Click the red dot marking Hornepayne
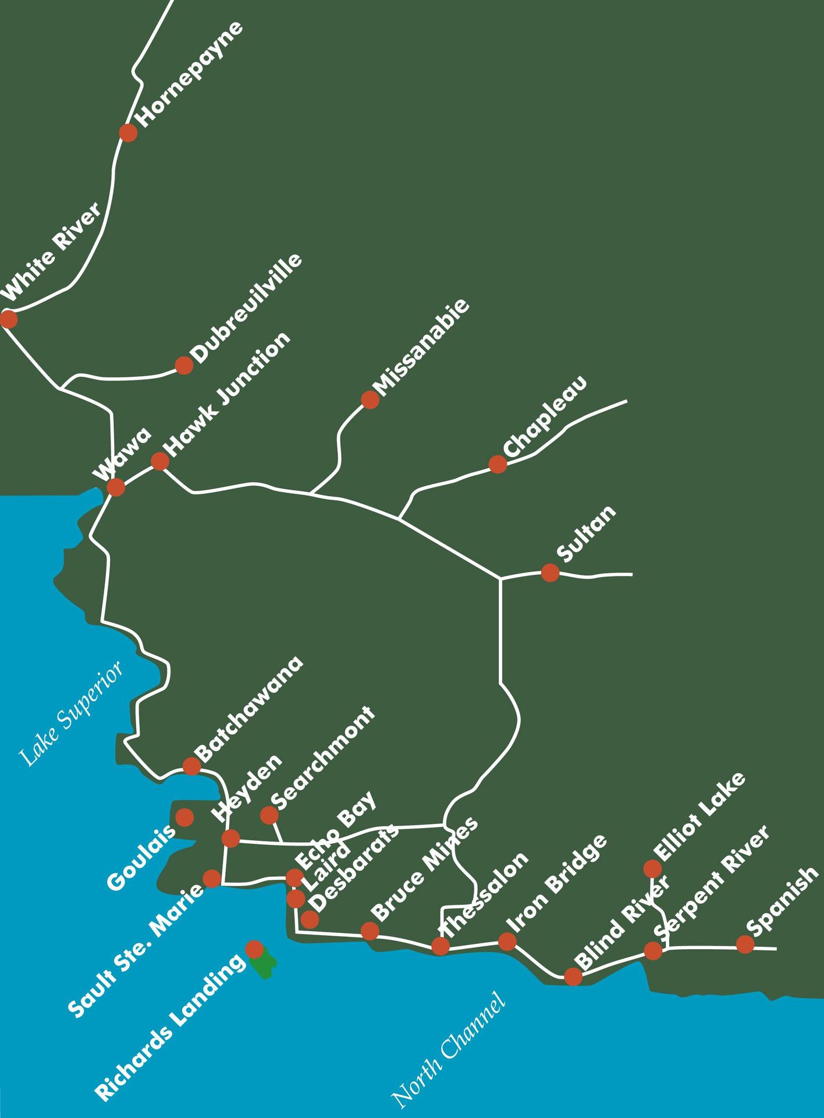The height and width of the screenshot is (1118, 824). point(128,133)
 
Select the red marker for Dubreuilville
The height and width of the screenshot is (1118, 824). point(184,365)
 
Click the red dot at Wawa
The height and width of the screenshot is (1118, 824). point(116,487)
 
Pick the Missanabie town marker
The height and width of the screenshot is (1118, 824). point(370,399)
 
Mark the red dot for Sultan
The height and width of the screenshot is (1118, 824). point(550,572)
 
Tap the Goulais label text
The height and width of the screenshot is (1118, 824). point(141,857)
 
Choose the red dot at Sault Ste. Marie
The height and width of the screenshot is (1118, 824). point(211,878)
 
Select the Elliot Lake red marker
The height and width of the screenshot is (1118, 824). point(652,869)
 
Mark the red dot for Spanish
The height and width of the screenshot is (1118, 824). point(745,944)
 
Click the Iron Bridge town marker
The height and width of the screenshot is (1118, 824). point(507,941)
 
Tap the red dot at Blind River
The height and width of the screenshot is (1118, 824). point(573,976)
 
